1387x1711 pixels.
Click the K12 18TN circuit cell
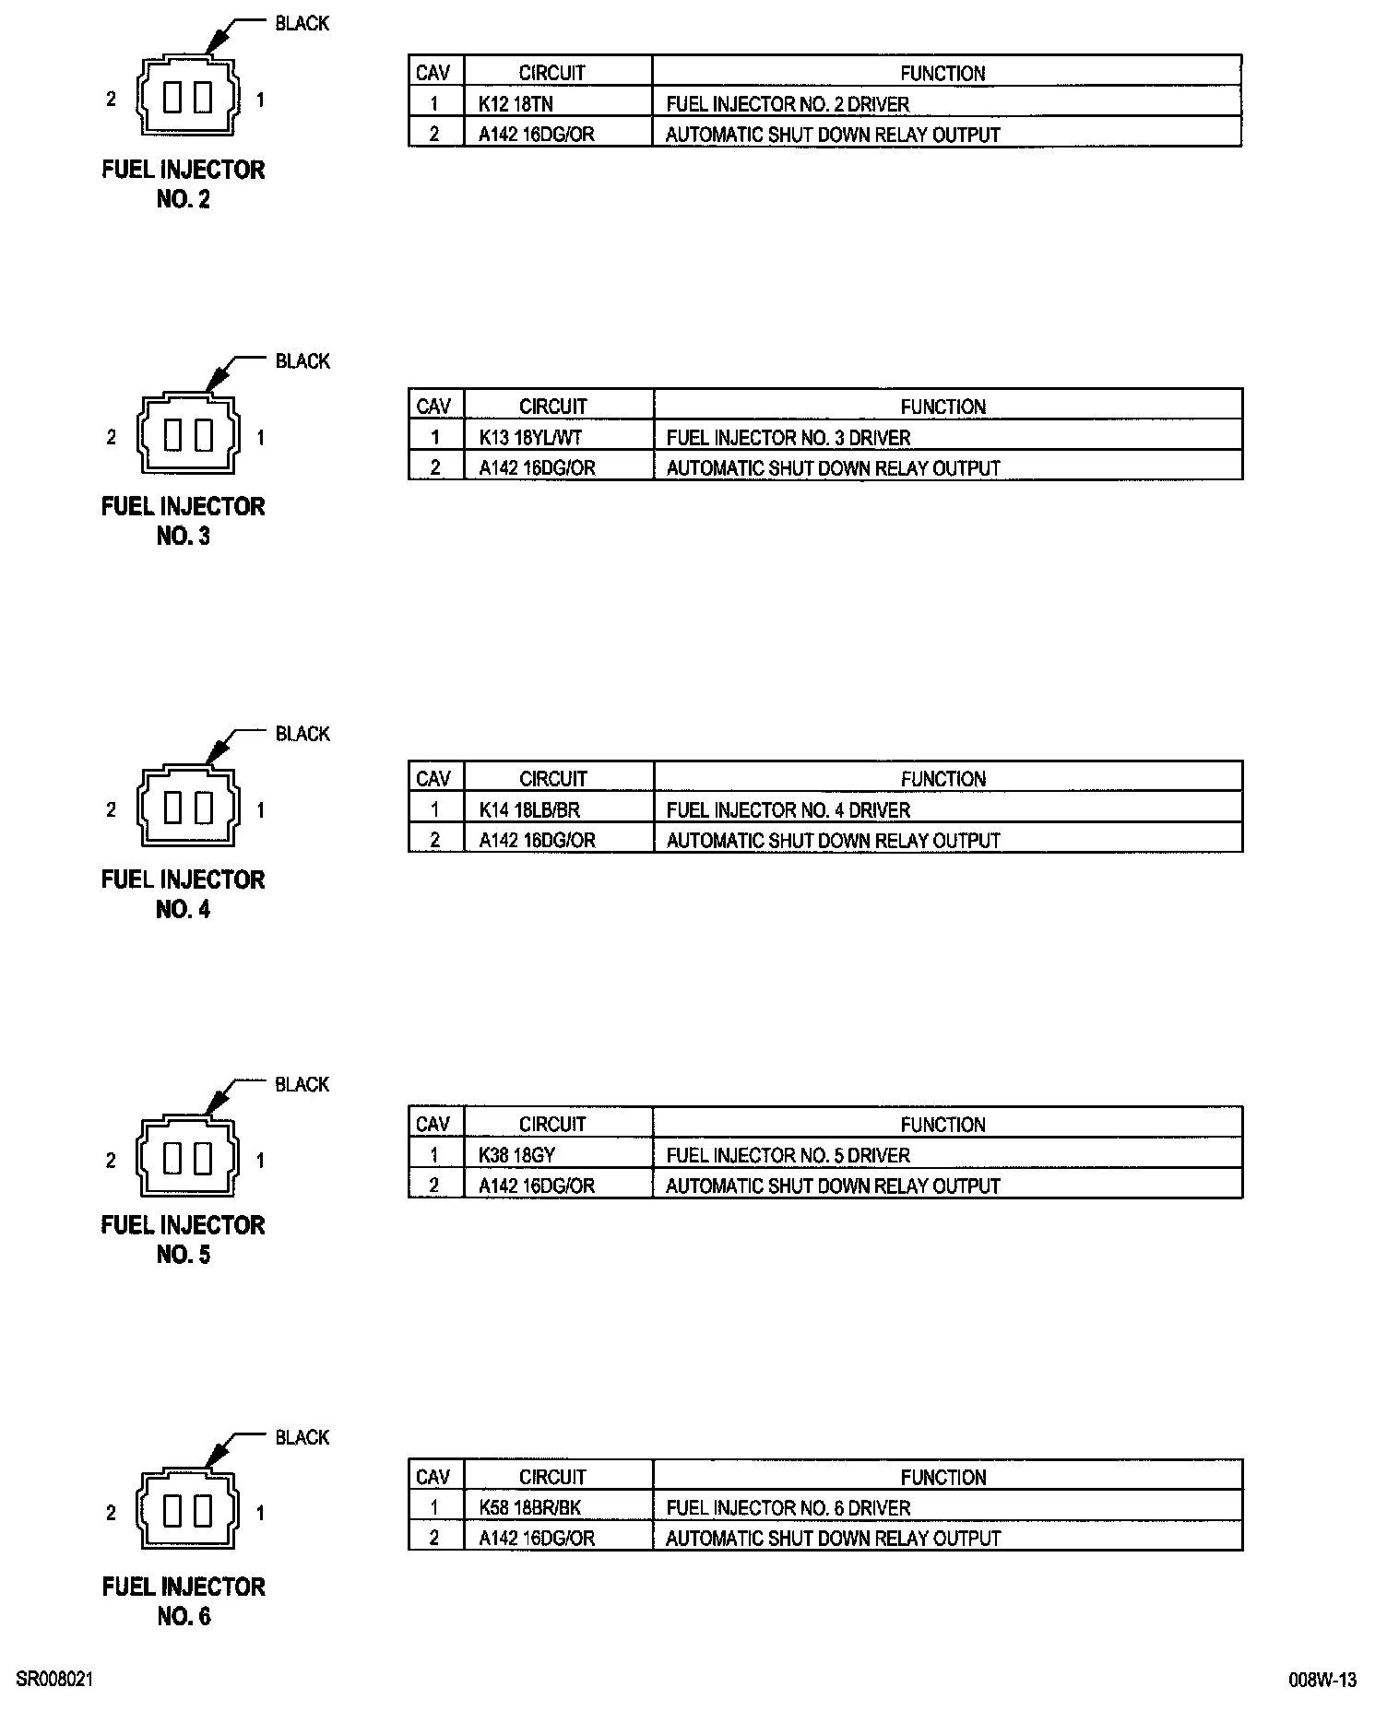[516, 104]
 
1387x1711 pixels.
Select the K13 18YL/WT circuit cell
[530, 438]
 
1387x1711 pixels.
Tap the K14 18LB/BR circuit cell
[529, 810]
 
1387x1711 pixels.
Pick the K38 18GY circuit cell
[516, 1155]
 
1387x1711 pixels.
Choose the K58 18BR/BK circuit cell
[530, 1508]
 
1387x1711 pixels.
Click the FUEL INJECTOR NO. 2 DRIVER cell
[788, 104]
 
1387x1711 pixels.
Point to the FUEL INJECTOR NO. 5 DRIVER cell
[788, 1155]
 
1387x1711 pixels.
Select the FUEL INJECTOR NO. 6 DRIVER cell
[788, 1508]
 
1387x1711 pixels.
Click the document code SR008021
[54, 1680]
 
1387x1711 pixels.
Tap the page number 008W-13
[1322, 1680]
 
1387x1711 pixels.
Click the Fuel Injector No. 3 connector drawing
[188, 435]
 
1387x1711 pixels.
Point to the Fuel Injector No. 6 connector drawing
[188, 1511]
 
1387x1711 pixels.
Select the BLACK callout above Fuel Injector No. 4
[302, 734]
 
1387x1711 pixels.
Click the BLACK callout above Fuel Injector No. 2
[302, 23]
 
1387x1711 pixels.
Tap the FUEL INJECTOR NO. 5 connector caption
[184, 1240]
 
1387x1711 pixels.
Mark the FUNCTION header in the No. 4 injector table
[943, 779]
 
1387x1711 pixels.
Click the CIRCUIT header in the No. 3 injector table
[552, 407]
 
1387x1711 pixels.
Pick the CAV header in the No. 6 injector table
[433, 1478]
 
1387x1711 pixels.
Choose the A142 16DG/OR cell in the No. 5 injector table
[536, 1186]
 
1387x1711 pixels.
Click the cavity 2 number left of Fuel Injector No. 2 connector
[112, 99]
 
